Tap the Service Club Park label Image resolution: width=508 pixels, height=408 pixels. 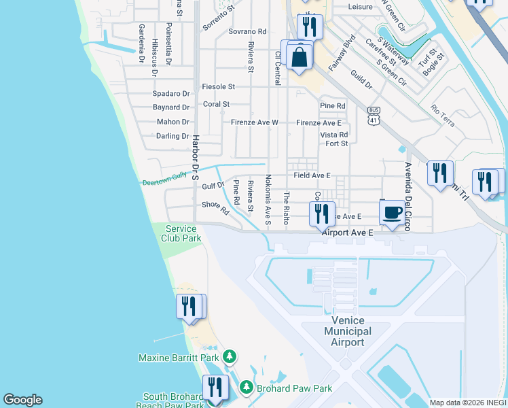[181, 234]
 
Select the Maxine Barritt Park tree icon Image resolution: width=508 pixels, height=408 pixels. [230, 357]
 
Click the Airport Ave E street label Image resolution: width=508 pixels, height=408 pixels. [348, 233]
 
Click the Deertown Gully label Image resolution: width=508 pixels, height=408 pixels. [164, 179]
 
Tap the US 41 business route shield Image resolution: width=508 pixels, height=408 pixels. [374, 115]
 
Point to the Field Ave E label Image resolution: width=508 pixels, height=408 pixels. [312, 175]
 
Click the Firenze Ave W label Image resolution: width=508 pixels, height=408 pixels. [255, 122]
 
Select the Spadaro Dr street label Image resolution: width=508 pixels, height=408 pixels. [171, 93]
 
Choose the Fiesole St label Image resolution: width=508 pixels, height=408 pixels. [218, 87]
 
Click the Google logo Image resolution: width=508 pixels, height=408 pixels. [22, 400]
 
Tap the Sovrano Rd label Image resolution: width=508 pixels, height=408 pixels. [247, 31]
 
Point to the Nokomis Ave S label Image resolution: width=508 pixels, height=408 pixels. [268, 200]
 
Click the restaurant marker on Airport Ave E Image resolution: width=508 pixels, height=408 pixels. [322, 214]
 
